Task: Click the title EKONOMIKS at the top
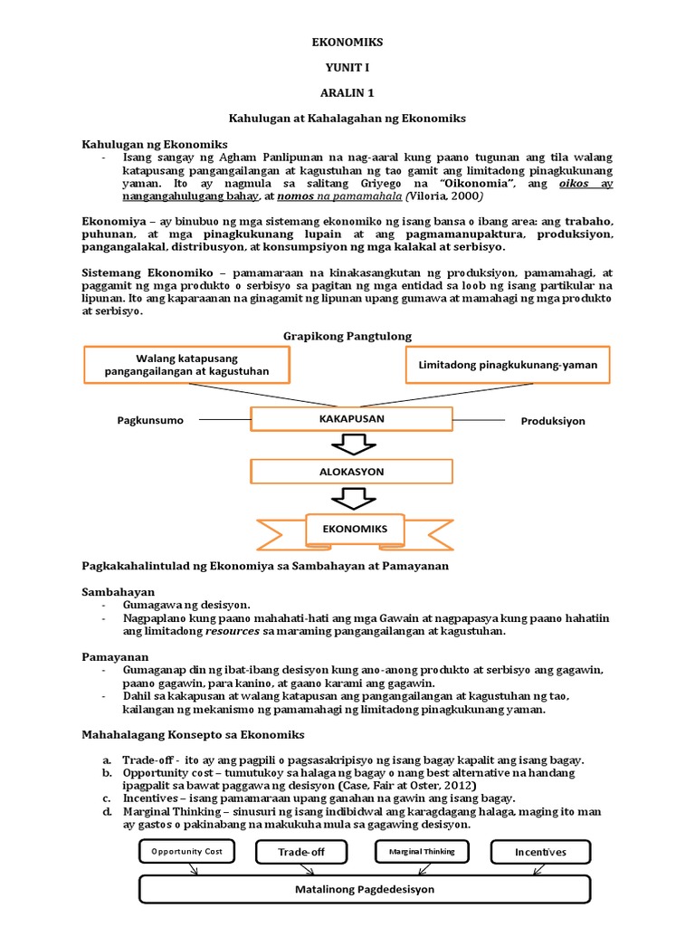pyautogui.click(x=347, y=43)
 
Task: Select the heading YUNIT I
pyautogui.click(x=347, y=67)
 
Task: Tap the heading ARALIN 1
pyautogui.click(x=347, y=92)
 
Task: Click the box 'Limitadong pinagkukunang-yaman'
pyautogui.click(x=507, y=364)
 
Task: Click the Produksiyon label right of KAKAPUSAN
pyautogui.click(x=553, y=421)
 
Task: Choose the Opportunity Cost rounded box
pyautogui.click(x=186, y=852)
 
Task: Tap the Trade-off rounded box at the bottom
pyautogui.click(x=301, y=853)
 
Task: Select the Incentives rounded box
pyautogui.click(x=540, y=853)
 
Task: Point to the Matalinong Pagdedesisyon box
pyautogui.click(x=365, y=889)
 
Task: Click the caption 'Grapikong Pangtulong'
pyautogui.click(x=347, y=336)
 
